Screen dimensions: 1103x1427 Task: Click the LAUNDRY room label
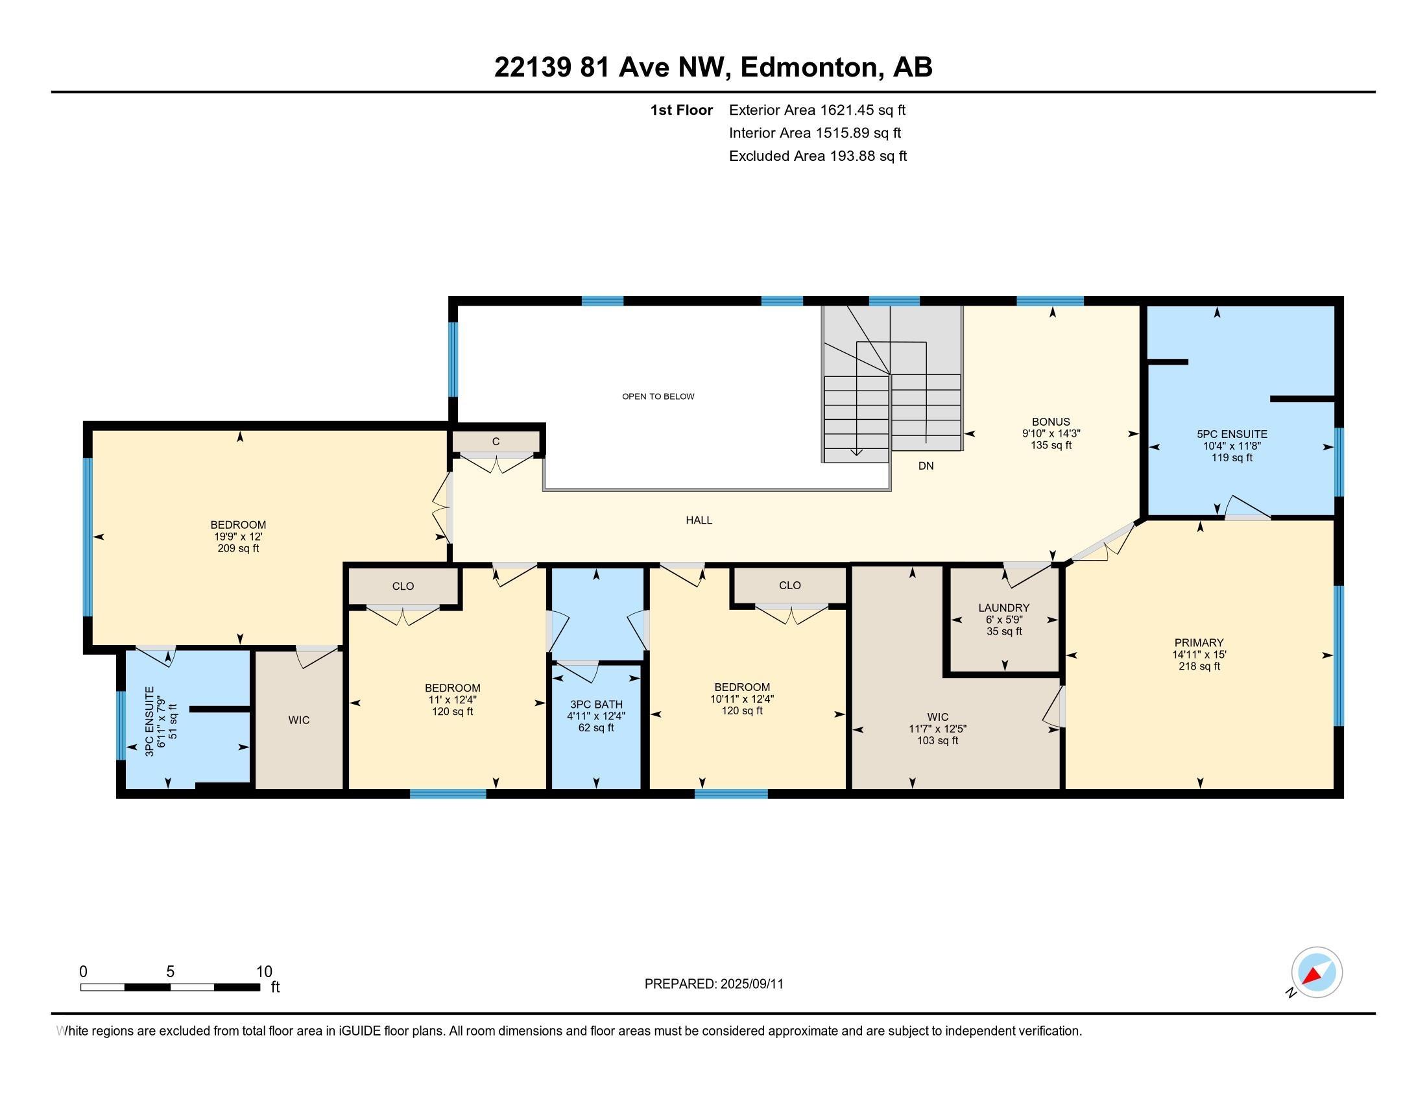click(1003, 608)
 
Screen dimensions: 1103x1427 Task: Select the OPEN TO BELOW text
click(658, 396)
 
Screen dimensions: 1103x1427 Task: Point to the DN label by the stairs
click(926, 466)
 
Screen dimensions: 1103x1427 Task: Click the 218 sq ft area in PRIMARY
click(1199, 666)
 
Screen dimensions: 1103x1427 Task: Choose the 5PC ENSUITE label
click(1232, 434)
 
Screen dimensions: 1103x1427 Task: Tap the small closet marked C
click(496, 442)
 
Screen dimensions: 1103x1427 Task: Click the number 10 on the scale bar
click(264, 972)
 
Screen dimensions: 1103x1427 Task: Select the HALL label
click(699, 520)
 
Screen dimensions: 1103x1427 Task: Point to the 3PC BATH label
click(596, 705)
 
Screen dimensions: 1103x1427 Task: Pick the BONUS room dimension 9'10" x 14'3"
click(1051, 433)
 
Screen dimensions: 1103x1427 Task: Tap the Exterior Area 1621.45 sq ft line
click(817, 110)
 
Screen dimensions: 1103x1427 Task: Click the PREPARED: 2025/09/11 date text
click(713, 984)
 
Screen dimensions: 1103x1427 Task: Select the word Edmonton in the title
click(809, 67)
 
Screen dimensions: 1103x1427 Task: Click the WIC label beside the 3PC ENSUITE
click(298, 720)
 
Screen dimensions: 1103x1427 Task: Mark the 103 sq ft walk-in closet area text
click(938, 740)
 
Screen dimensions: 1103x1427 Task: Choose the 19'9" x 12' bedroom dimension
click(238, 537)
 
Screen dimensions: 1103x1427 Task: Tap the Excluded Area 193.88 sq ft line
click(817, 156)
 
